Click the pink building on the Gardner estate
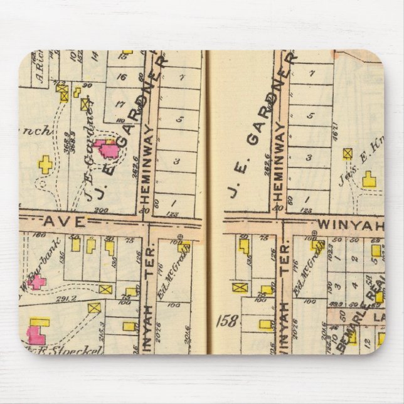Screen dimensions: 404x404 [108, 149]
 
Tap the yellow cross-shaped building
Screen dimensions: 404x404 [46, 165]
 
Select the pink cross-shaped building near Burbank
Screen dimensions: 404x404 [36, 282]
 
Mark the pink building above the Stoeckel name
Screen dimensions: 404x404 [38, 331]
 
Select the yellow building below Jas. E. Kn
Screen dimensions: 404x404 [369, 181]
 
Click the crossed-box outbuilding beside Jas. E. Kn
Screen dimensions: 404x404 [348, 152]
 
